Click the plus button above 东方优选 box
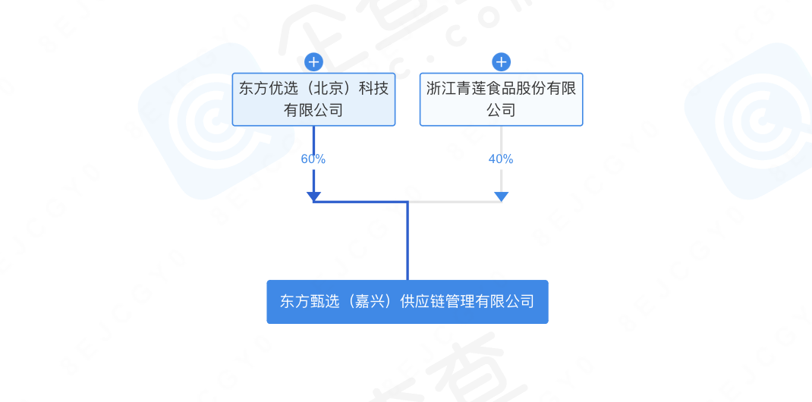(313, 61)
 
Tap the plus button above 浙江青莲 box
(501, 61)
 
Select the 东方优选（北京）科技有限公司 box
(313, 99)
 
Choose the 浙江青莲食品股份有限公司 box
(501, 99)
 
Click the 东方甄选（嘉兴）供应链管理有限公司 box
(407, 302)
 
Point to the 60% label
(313, 159)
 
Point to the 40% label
(501, 159)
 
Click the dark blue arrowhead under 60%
(313, 197)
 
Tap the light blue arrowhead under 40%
(501, 197)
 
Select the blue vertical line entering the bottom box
(408, 243)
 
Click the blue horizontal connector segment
(360, 202)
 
